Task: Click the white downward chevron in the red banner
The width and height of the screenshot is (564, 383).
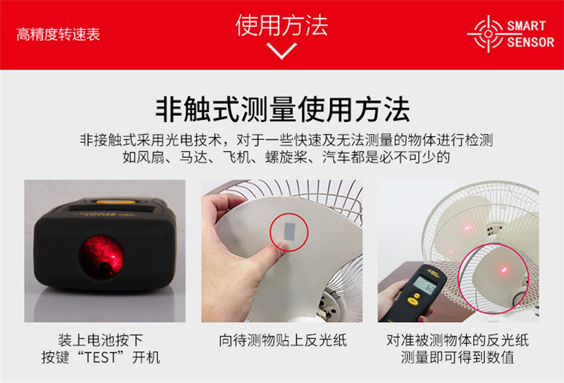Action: [x=282, y=50]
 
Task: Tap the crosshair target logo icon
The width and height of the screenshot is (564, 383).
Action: [x=488, y=34]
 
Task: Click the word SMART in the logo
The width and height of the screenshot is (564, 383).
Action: [x=526, y=26]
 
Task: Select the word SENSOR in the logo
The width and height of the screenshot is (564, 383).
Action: [x=531, y=42]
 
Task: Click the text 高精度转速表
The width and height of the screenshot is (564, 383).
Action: [x=58, y=35]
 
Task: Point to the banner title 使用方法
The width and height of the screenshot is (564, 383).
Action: [x=282, y=25]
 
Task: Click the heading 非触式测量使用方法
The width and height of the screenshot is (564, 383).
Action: [x=282, y=109]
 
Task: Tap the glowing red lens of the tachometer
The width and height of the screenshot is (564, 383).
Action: [x=102, y=257]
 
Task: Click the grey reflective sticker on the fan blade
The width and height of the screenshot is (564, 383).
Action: [x=290, y=231]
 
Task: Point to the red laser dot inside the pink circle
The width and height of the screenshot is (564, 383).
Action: [x=504, y=269]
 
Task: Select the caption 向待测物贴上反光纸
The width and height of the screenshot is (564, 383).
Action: [x=283, y=340]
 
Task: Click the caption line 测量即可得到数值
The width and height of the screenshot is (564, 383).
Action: [x=457, y=357]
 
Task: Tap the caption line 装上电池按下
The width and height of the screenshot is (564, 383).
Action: [x=100, y=340]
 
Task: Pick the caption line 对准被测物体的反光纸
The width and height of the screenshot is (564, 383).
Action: [x=457, y=340]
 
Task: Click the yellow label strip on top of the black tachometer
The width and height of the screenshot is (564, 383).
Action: [x=116, y=202]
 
